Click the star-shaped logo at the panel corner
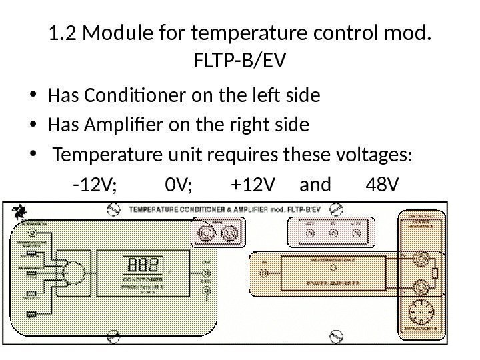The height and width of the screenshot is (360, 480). click(17, 213)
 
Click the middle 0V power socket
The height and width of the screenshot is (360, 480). click(333, 233)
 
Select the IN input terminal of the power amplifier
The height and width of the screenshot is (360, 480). click(265, 273)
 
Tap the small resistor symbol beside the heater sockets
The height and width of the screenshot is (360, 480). click(435, 273)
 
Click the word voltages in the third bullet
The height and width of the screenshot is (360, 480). click(377, 155)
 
